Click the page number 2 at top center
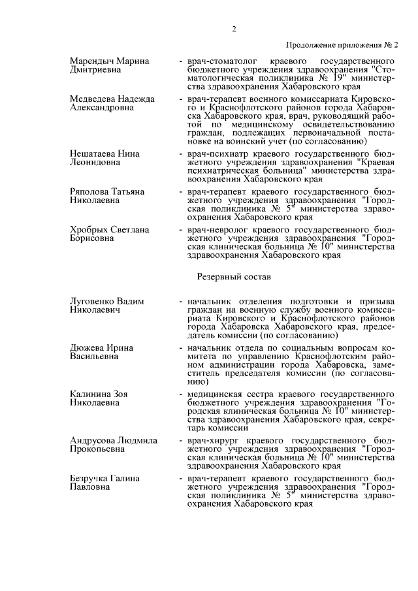click(233, 29)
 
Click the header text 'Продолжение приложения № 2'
click(342, 44)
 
